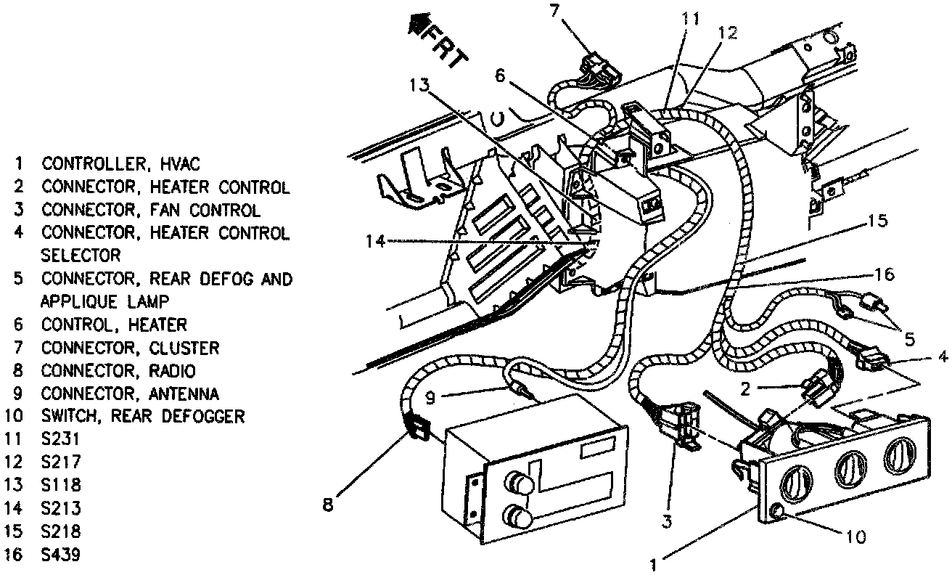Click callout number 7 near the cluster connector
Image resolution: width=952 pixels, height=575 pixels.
coord(554,10)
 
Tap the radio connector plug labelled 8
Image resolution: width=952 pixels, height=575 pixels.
coord(416,428)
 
